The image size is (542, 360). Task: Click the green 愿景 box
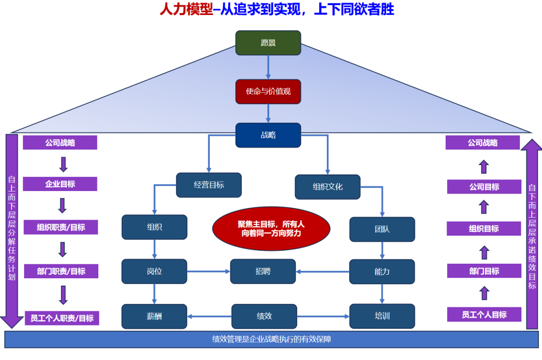tap(268, 43)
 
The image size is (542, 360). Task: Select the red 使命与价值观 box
tap(268, 92)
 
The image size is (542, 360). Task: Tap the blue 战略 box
tap(268, 135)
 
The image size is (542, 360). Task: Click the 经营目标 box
tap(209, 185)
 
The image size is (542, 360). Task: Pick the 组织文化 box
tap(328, 187)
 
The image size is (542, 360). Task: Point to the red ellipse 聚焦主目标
tap(271, 228)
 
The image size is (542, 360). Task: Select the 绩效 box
tap(264, 316)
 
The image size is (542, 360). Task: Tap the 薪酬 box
tap(154, 316)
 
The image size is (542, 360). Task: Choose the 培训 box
tap(382, 316)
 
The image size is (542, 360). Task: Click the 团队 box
tap(382, 229)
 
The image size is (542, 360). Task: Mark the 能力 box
tap(382, 271)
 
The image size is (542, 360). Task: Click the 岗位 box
tap(154, 271)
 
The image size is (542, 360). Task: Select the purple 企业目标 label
tap(60, 184)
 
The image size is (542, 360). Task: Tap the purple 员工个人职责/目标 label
tap(62, 318)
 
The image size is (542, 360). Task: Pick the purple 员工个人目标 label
tap(484, 314)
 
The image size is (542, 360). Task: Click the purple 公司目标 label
tap(484, 187)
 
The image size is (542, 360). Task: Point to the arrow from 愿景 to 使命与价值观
tap(268, 67)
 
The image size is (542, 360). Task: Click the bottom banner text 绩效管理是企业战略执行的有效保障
tap(271, 339)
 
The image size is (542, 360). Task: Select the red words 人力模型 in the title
tap(186, 10)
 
